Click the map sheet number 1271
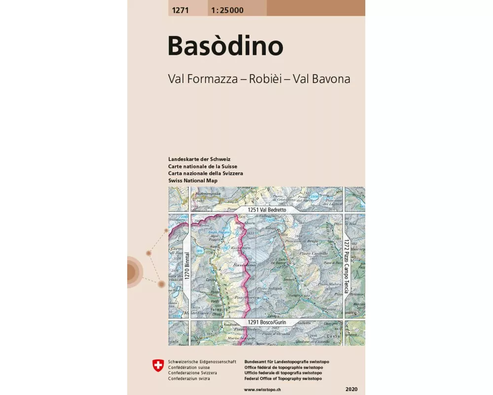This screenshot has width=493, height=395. click(179, 10)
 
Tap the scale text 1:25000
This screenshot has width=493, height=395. click(226, 10)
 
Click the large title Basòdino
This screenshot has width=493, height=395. click(225, 46)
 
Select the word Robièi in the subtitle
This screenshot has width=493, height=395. click(266, 79)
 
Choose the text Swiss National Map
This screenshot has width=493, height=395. click(192, 181)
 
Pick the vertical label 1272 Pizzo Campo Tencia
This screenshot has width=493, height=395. click(347, 266)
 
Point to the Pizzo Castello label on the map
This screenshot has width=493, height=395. click(313, 253)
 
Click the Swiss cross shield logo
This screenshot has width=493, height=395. click(157, 365)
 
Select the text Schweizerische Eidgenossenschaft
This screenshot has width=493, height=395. click(202, 362)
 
